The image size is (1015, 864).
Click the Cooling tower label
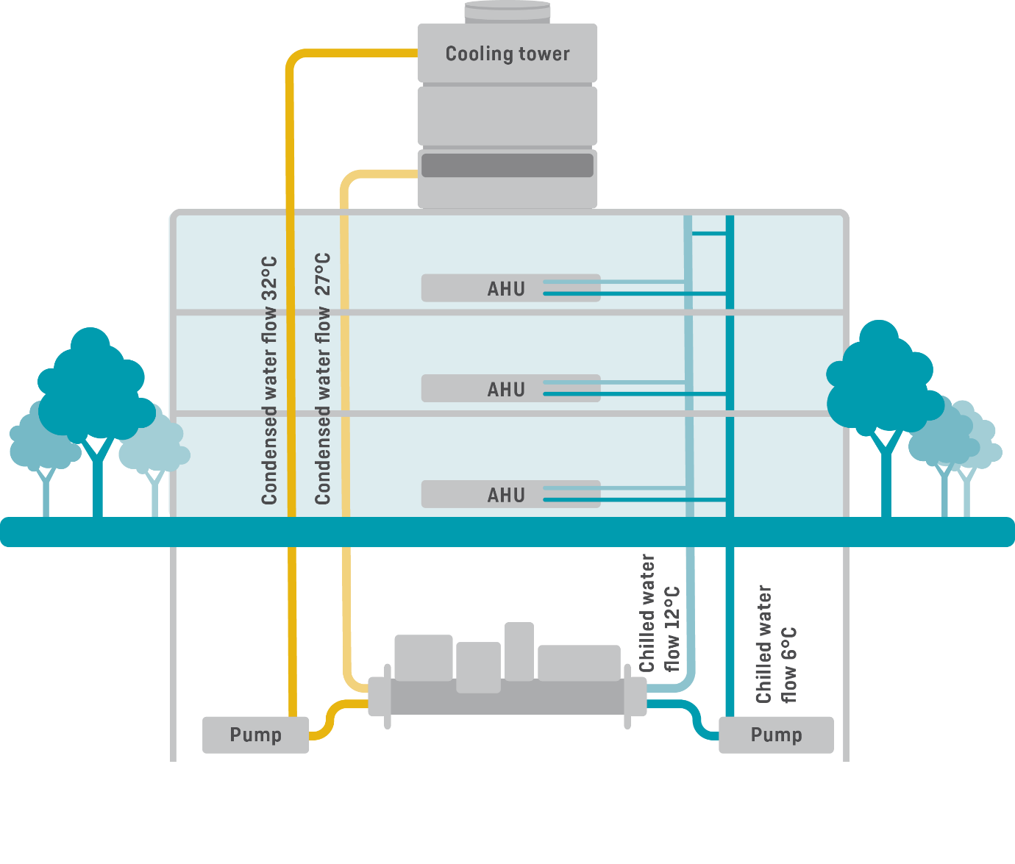508,54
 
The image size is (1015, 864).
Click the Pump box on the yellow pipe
255,735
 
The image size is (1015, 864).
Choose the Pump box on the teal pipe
776,735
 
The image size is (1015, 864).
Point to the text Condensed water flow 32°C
269,380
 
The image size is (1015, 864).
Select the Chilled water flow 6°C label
776,645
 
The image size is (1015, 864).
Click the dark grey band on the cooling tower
507,165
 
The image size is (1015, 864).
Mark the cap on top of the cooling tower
508,10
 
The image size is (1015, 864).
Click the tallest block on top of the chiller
519,651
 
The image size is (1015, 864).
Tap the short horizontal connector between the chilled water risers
709,234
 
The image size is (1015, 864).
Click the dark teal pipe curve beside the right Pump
696,717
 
